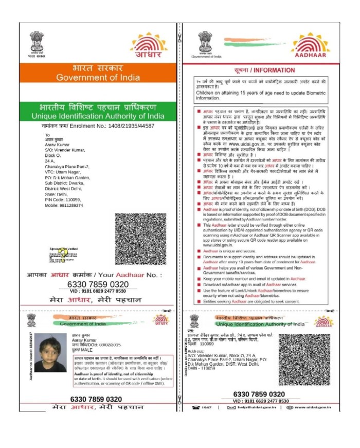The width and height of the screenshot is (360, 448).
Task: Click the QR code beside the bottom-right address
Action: click(304, 360)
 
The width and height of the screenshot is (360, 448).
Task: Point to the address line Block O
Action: click(53, 155)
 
